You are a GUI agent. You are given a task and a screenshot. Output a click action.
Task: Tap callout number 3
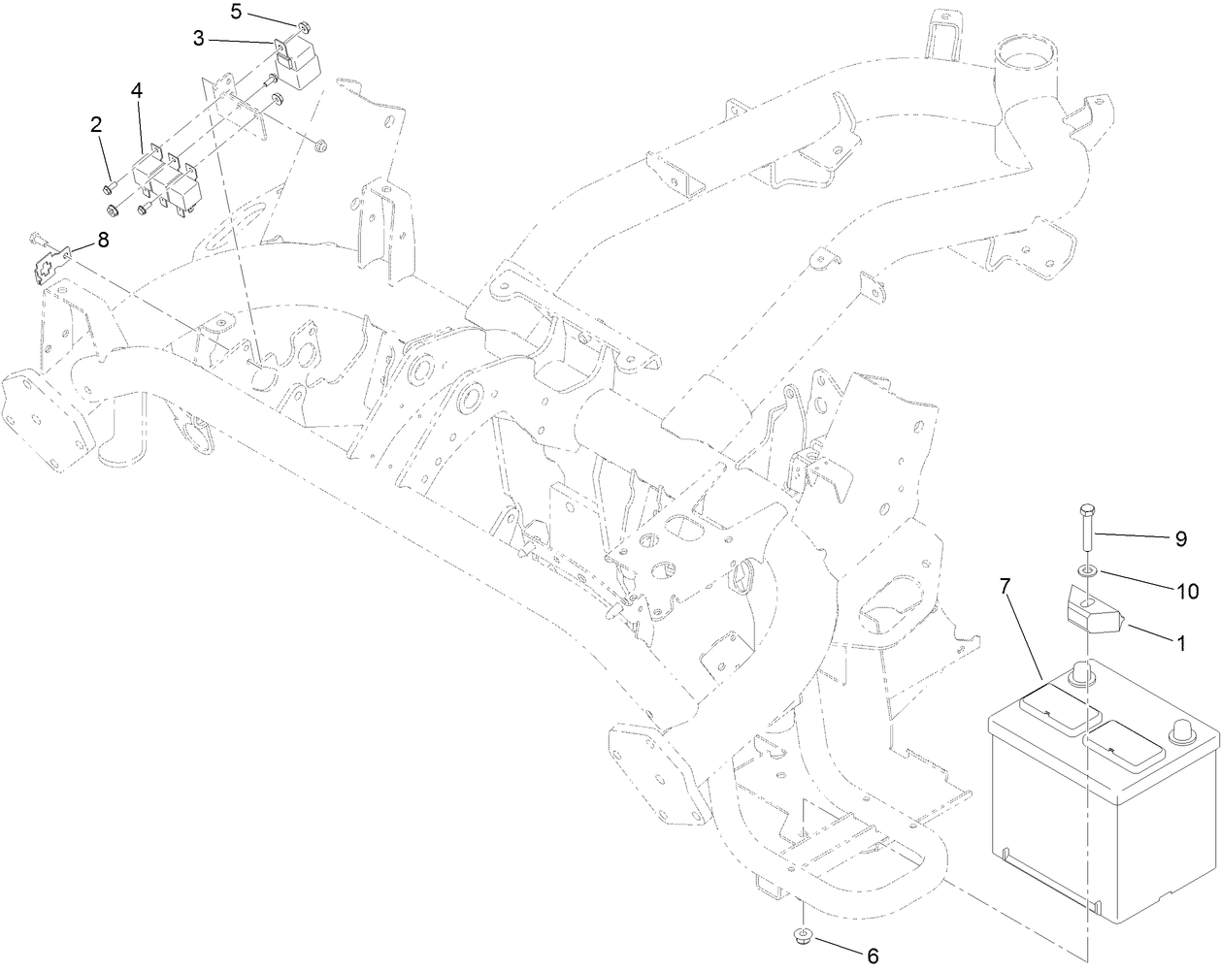pos(198,39)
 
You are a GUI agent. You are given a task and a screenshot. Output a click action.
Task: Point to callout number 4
pos(137,90)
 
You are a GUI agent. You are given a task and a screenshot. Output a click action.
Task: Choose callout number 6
pos(872,956)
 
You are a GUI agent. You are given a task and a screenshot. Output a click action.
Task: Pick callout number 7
pos(1006,586)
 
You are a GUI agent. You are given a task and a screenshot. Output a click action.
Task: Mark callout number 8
pos(103,238)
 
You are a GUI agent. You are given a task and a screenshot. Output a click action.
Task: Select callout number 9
pos(1180,540)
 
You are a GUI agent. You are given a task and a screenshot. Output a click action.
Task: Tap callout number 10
pos(1185,591)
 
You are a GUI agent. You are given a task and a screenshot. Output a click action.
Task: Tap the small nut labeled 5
pos(304,25)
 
